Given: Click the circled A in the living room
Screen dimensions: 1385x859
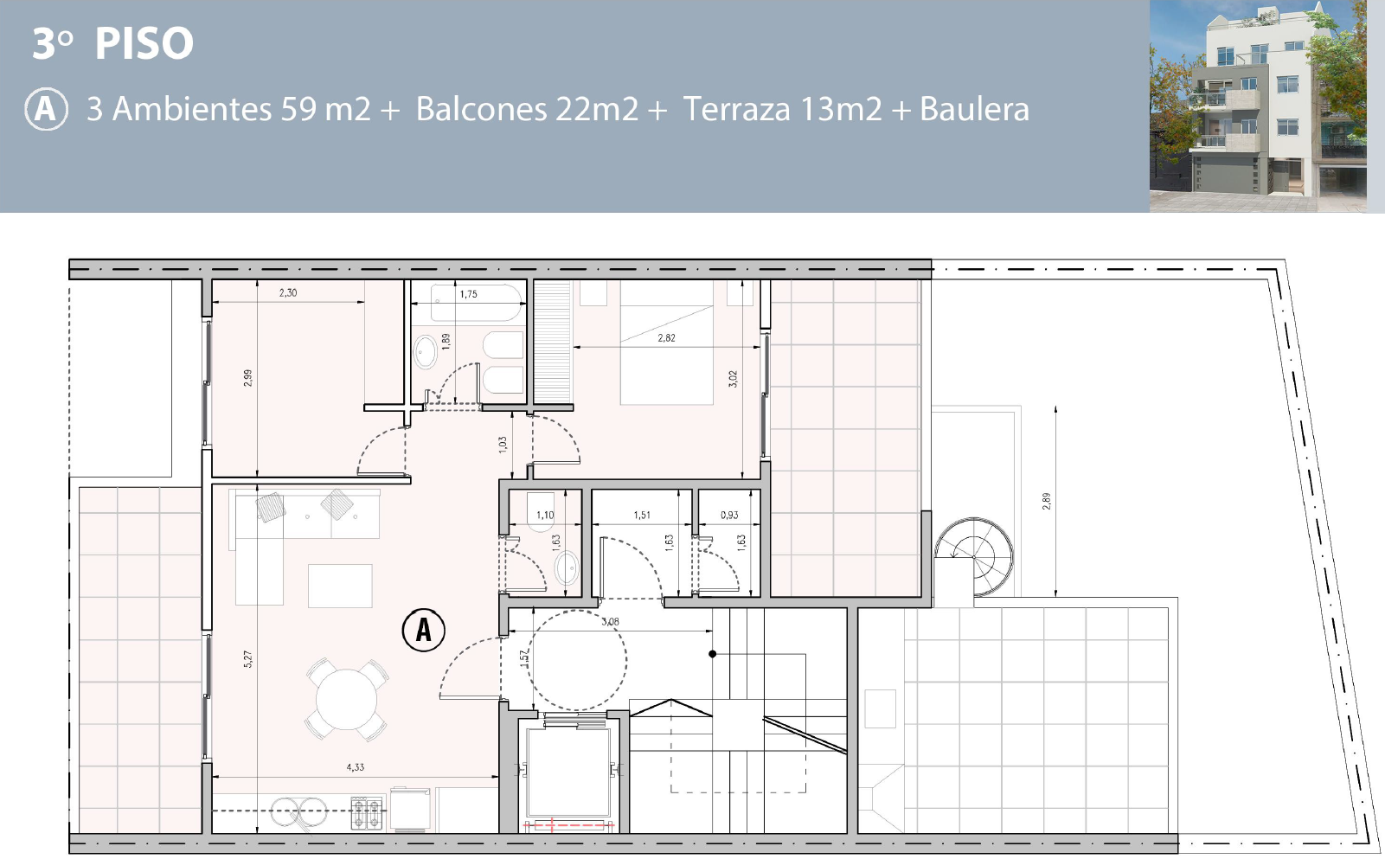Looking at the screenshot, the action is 424,630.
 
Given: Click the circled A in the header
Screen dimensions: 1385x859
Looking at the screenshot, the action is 47,110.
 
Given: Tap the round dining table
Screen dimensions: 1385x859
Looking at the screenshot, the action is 346,700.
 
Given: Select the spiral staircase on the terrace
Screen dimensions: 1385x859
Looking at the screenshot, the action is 974,556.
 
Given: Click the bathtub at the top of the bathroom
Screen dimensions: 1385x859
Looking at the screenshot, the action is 476,303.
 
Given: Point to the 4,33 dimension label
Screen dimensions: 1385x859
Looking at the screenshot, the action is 355,766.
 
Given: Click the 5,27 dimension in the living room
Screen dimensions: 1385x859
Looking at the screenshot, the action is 248,659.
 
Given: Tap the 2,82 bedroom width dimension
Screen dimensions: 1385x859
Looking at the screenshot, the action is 666,337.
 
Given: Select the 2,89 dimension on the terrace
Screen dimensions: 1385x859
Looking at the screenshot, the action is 1046,501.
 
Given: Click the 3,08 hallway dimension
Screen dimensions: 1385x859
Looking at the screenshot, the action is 610,621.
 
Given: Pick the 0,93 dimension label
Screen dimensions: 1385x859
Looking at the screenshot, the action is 729,515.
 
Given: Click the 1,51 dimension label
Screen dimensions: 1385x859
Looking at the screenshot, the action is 642,515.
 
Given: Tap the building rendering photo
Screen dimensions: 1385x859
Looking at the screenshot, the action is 1258,106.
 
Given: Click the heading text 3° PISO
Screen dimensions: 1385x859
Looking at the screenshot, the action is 113,42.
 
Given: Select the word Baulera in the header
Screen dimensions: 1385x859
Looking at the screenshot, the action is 974,109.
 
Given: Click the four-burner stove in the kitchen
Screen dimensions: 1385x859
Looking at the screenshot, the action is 367,812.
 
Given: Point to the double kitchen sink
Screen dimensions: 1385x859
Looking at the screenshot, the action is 299,811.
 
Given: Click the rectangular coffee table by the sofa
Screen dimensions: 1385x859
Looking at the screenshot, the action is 340,586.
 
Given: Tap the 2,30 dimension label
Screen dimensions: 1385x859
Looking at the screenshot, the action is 288,292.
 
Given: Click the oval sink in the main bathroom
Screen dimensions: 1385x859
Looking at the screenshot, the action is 426,352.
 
